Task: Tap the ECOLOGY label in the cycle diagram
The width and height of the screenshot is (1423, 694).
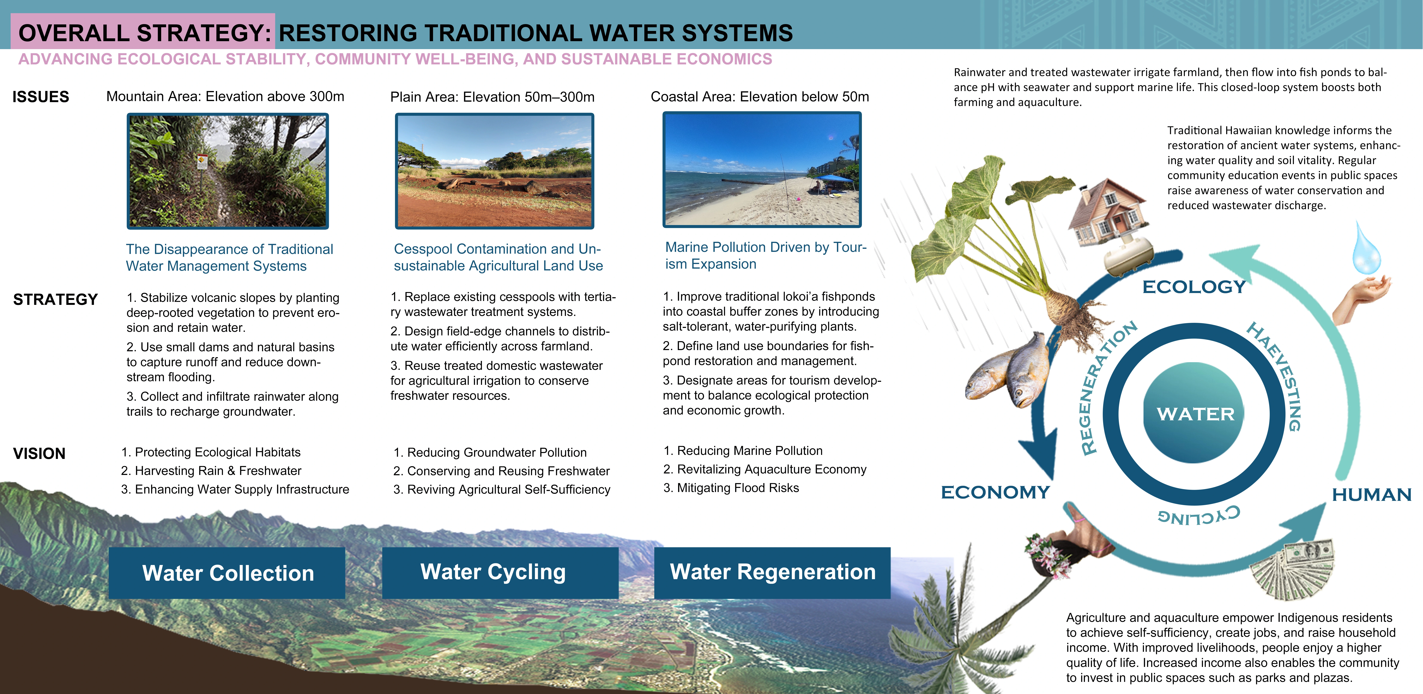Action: point(1194,287)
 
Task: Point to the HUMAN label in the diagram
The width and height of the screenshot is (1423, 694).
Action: point(1372,495)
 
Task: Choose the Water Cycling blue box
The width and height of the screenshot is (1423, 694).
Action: point(500,573)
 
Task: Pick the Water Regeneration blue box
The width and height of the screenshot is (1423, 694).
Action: point(772,573)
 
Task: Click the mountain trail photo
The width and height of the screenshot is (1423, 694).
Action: point(228,171)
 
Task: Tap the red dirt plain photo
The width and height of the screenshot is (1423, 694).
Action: point(494,171)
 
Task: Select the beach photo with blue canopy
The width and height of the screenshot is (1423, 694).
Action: point(762,169)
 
